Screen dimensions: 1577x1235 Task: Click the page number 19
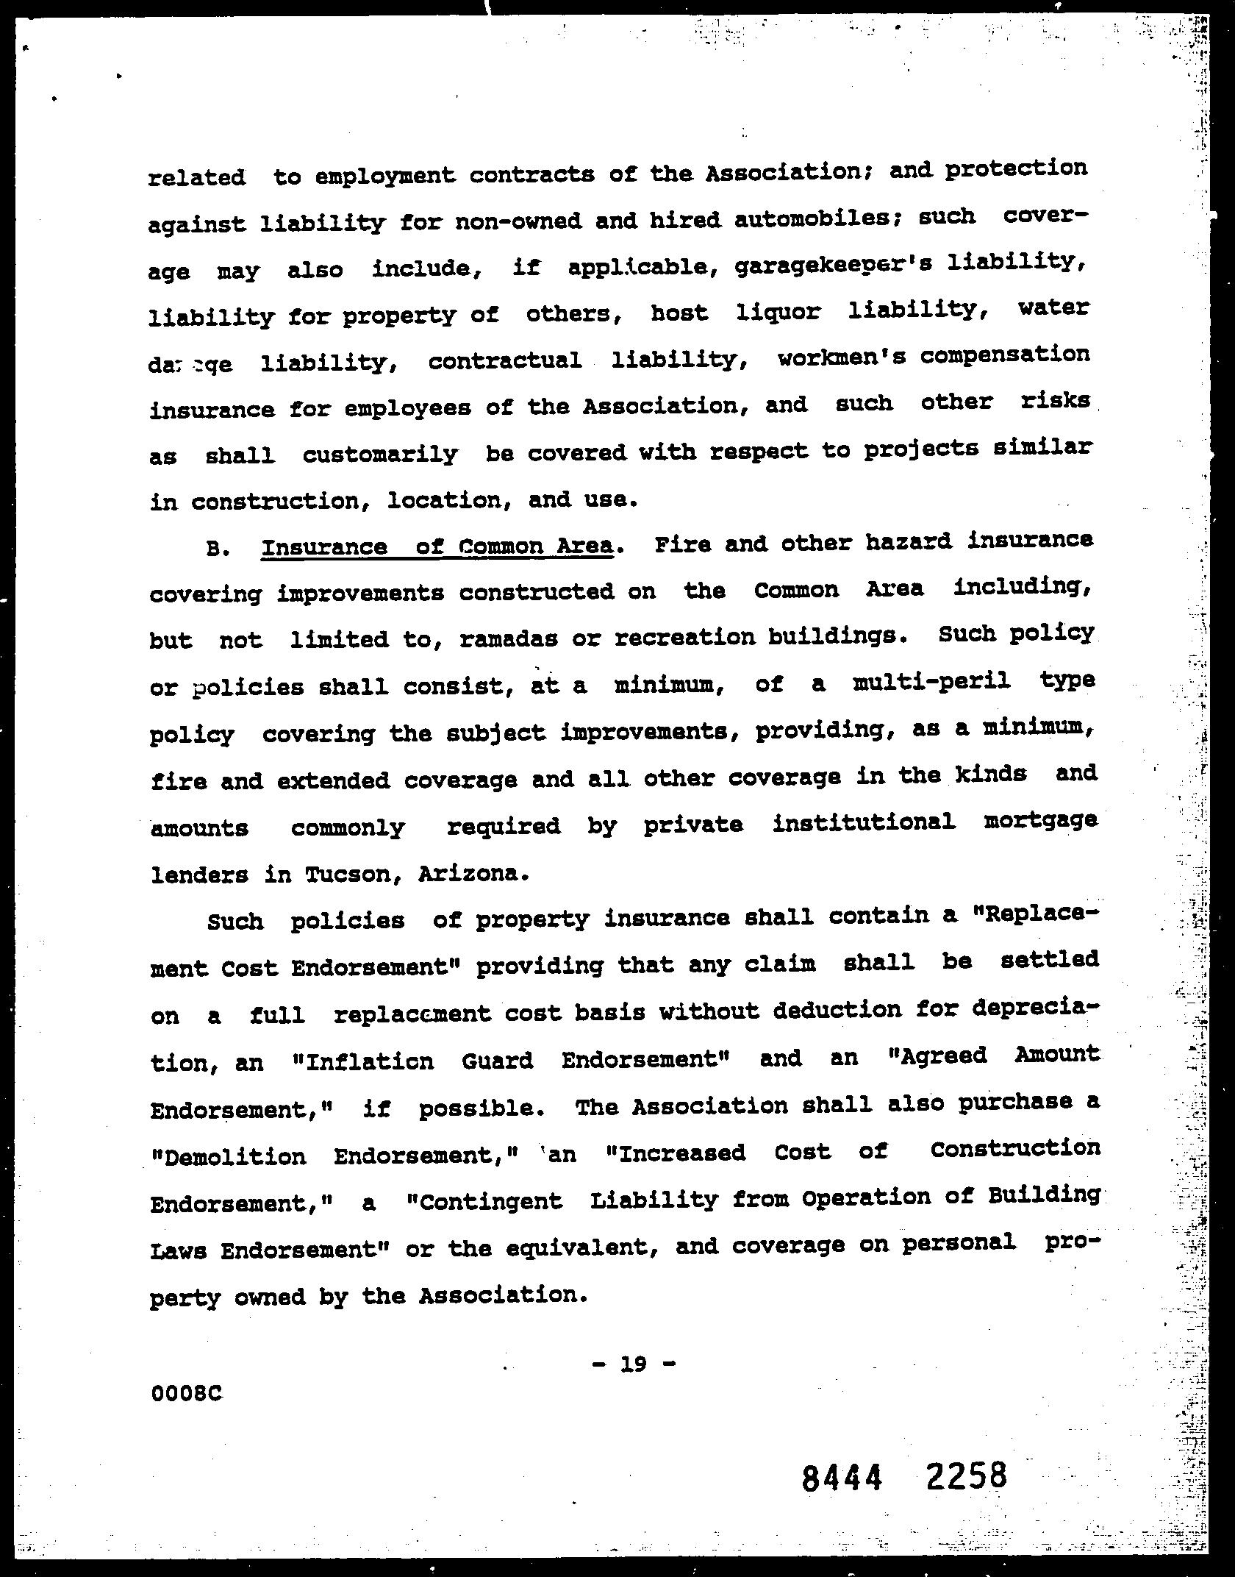pos(632,1364)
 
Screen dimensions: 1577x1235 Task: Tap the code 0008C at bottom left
pos(186,1394)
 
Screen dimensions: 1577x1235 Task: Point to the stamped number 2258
pos(967,1475)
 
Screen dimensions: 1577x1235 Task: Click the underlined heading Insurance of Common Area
pos(437,547)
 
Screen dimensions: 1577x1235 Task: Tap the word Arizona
pos(473,874)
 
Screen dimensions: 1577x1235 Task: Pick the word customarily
pos(380,454)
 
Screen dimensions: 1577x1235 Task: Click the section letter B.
pos(215,549)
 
